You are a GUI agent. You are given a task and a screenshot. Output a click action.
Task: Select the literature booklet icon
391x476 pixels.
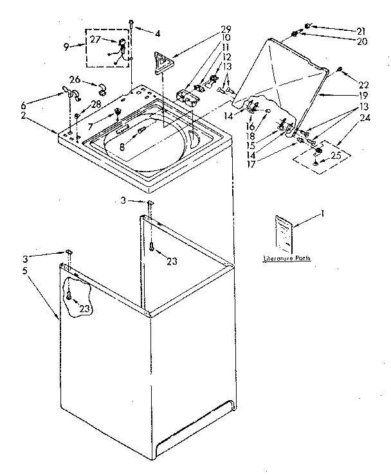[x=283, y=233]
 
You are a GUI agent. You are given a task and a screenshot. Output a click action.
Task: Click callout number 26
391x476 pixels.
[x=74, y=80]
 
